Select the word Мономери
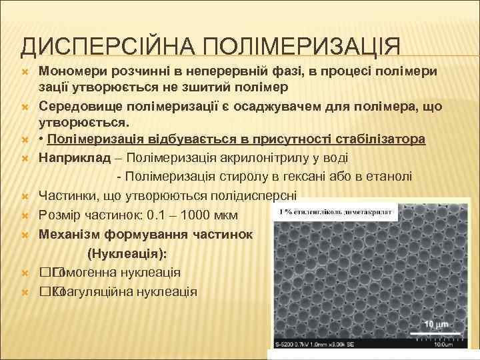[x=70, y=71]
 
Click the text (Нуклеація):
[x=127, y=254]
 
